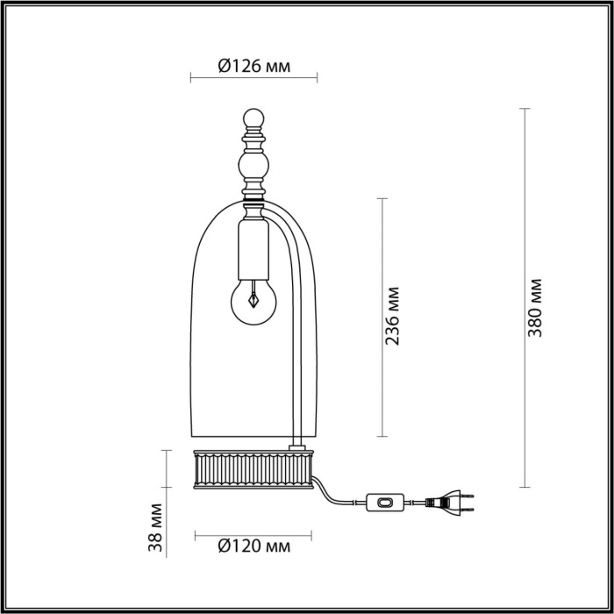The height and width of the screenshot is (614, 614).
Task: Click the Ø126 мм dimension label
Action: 253,66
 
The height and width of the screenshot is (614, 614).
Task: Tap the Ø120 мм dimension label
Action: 253,547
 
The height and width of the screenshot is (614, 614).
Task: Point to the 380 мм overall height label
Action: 537,307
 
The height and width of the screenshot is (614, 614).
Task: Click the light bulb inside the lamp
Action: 252,300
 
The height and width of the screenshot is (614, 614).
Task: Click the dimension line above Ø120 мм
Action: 253,532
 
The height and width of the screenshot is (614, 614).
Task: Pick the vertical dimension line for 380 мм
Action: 525,298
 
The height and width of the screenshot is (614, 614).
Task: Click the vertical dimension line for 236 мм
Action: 381,317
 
